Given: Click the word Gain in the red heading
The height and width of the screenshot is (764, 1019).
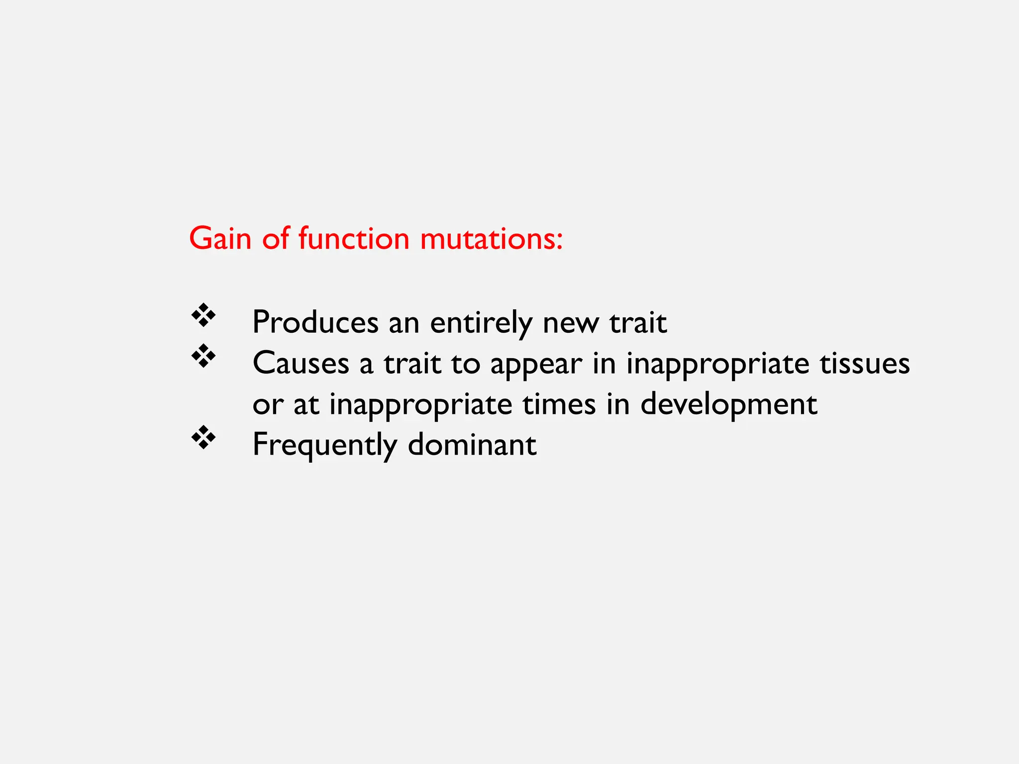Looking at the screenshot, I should pyautogui.click(x=220, y=238).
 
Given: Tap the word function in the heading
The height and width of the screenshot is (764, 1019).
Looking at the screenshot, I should pyautogui.click(x=354, y=238).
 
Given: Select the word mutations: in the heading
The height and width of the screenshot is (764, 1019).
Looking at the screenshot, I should pyautogui.click(x=492, y=238).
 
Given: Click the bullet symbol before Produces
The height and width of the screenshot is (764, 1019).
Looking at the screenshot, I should pyautogui.click(x=204, y=315).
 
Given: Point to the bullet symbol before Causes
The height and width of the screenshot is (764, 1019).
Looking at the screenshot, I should pyautogui.click(x=204, y=356).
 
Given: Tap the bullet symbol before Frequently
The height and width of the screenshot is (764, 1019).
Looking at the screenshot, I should pyautogui.click(x=204, y=437).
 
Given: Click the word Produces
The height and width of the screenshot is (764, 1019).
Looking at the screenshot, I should pyautogui.click(x=315, y=322).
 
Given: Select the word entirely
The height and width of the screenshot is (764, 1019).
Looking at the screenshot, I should pyautogui.click(x=481, y=322).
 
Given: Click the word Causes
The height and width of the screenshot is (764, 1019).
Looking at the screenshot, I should pyautogui.click(x=301, y=363).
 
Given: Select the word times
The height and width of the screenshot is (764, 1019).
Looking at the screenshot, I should pyautogui.click(x=559, y=404).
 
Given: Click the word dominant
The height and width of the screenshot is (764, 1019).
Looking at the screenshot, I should pyautogui.click(x=472, y=444).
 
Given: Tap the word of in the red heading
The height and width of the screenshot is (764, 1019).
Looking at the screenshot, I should pyautogui.click(x=275, y=238).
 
